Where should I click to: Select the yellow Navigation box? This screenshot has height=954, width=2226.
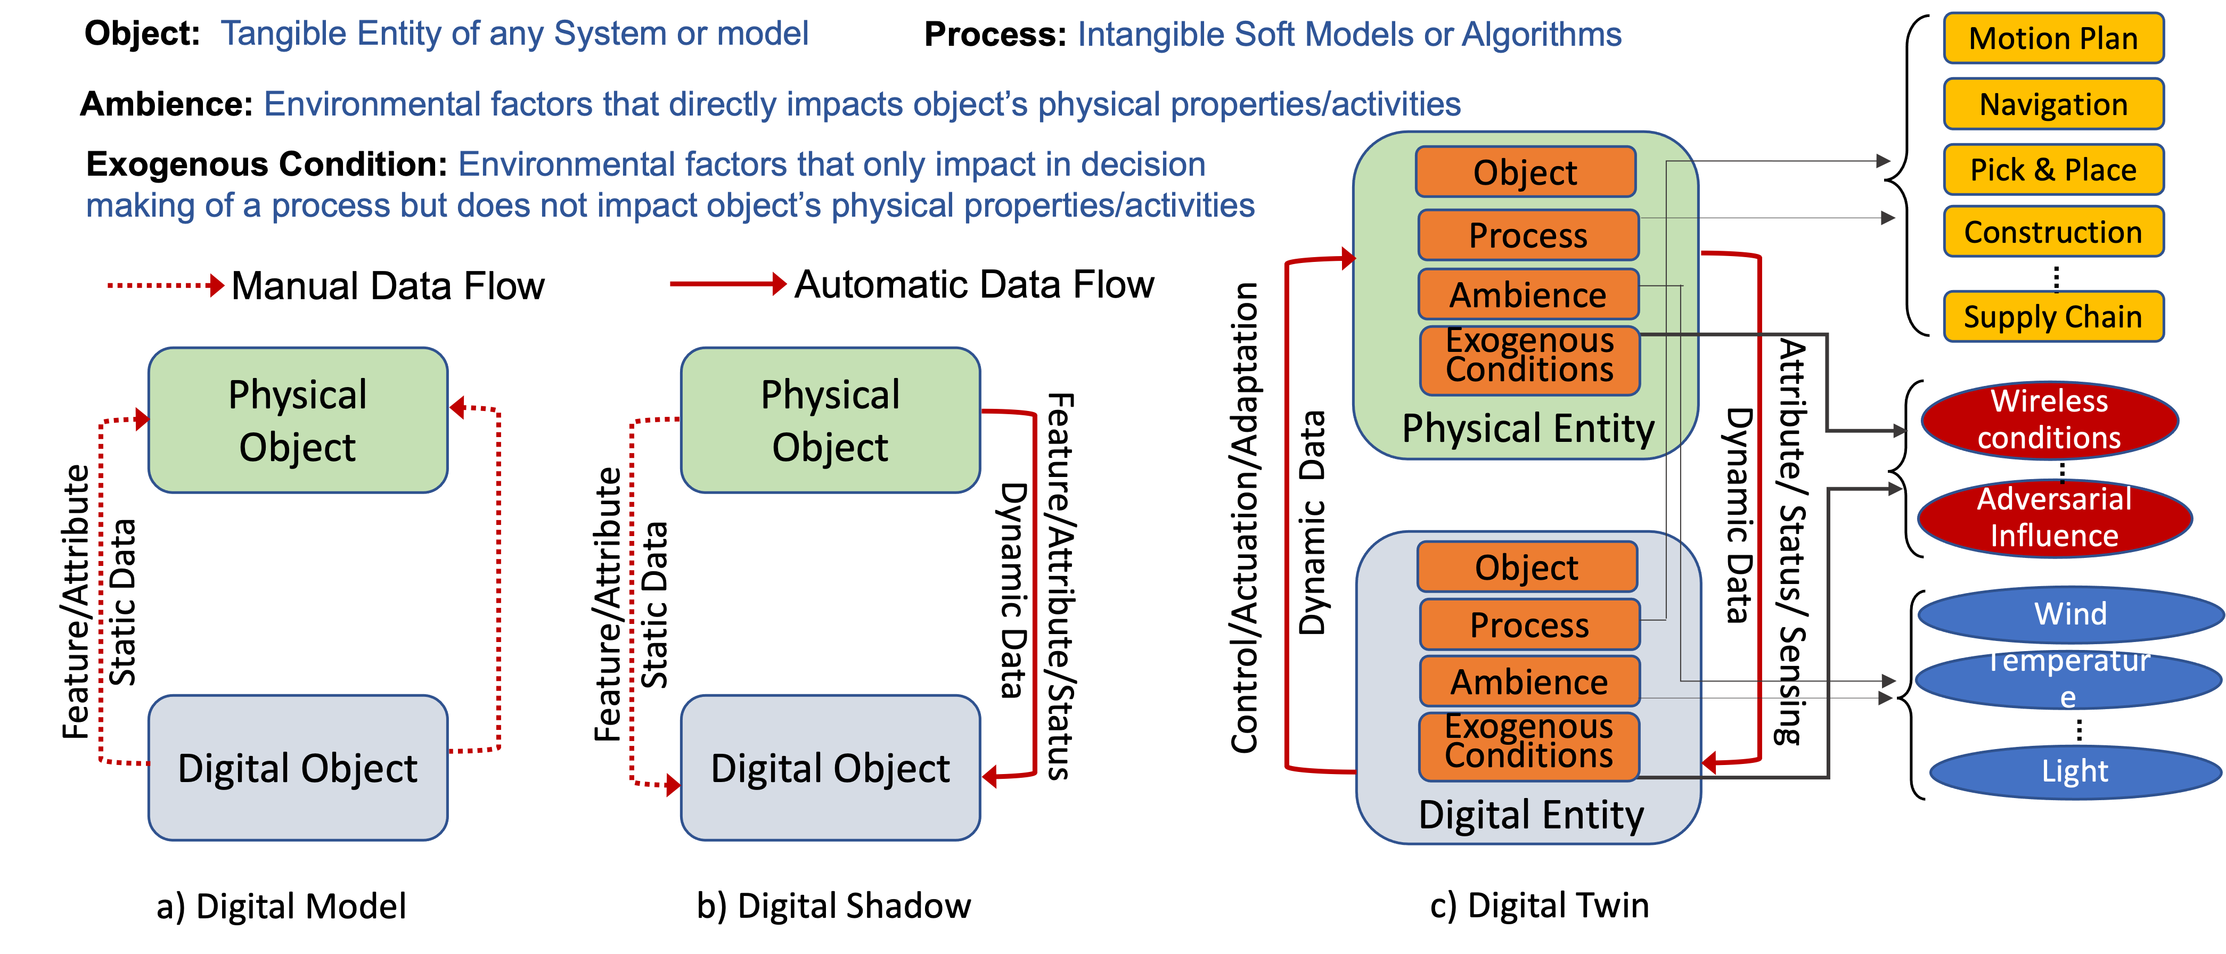2053,104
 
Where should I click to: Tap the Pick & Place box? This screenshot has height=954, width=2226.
2053,169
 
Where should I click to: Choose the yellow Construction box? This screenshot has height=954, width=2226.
2053,232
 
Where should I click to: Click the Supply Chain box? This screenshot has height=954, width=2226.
2053,316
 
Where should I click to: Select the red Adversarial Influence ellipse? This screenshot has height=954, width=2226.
2054,517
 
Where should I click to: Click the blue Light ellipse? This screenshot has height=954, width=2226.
2075,771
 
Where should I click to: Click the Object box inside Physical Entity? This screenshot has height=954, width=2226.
1525,172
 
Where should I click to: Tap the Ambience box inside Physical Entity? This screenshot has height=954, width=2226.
1528,295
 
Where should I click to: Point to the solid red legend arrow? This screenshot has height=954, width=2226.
727,283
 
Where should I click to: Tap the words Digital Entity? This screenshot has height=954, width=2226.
1531,815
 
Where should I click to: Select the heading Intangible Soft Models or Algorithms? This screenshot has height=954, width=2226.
1349,35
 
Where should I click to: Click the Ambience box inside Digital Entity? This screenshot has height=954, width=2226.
1529,682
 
